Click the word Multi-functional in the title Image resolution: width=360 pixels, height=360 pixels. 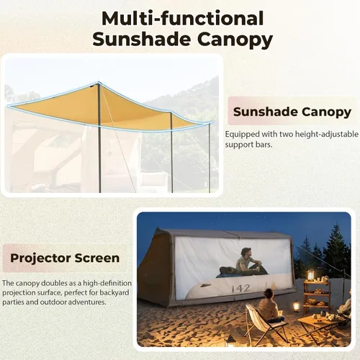pyautogui.click(x=182, y=17)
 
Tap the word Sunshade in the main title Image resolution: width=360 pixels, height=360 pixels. pyautogui.click(x=138, y=39)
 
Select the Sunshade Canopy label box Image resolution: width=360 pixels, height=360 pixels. pyautogui.click(x=292, y=112)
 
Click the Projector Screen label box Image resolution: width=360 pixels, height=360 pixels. pyautogui.click(x=66, y=257)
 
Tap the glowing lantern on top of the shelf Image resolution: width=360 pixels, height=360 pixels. pyautogui.click(x=311, y=274)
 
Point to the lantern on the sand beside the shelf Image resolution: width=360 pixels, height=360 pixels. pyautogui.click(x=296, y=306)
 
